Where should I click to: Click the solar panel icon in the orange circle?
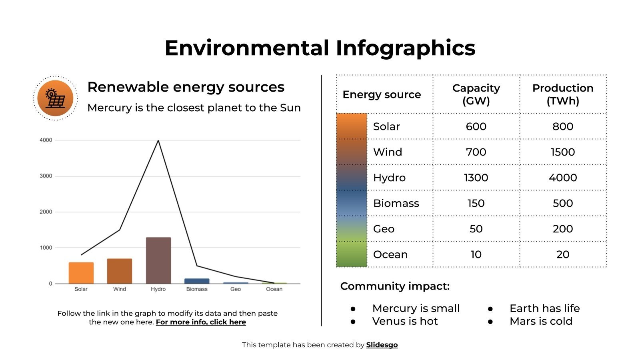tap(55, 98)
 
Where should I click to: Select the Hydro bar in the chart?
tap(158, 260)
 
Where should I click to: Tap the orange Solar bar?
tap(81, 273)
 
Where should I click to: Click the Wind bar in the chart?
tap(120, 271)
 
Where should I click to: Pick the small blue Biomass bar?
tap(197, 281)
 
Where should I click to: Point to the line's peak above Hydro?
tap(158, 141)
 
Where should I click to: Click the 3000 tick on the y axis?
tap(46, 176)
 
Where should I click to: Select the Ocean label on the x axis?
tap(274, 289)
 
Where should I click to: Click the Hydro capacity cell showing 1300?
tap(476, 178)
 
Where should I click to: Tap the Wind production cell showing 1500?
tap(562, 152)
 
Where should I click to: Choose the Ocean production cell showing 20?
tap(562, 254)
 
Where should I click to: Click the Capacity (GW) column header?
tap(476, 94)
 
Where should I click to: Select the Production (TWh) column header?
tap(562, 94)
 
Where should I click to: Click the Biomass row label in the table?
tap(396, 203)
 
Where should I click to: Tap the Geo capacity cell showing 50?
tap(476, 229)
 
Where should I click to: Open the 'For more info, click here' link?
tap(201, 322)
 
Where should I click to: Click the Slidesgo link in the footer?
tap(382, 345)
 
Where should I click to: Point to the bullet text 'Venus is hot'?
tap(405, 321)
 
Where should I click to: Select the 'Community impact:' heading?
tap(395, 286)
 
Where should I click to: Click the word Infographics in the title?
tap(405, 48)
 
